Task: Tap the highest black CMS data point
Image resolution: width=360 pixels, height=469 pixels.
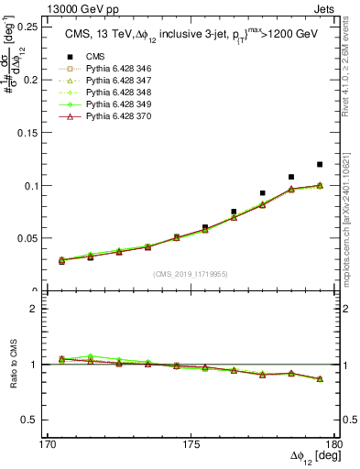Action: click(x=320, y=165)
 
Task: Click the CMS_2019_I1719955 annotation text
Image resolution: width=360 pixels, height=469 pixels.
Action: click(x=191, y=273)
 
